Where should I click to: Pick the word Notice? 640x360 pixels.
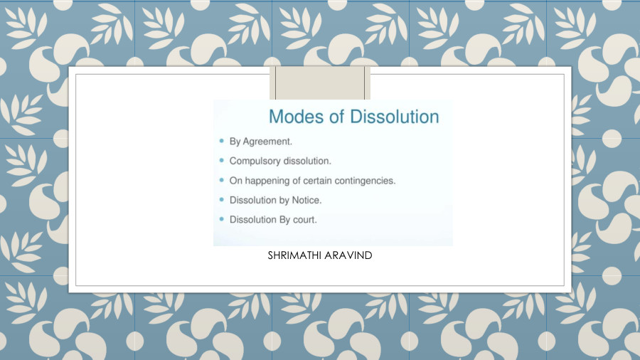pos(306,200)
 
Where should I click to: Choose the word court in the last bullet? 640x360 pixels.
pos(304,219)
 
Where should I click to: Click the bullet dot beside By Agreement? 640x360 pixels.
pos(222,141)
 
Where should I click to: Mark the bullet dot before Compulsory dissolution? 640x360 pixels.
pos(222,161)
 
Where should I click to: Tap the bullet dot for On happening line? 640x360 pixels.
pos(222,180)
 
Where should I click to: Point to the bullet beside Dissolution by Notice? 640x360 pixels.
pos(222,200)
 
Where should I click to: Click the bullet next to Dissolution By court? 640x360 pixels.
pos(222,219)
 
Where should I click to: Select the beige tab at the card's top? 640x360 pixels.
pos(320,83)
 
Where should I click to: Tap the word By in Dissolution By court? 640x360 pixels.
pos(285,219)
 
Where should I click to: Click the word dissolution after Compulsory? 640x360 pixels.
pos(307,161)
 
